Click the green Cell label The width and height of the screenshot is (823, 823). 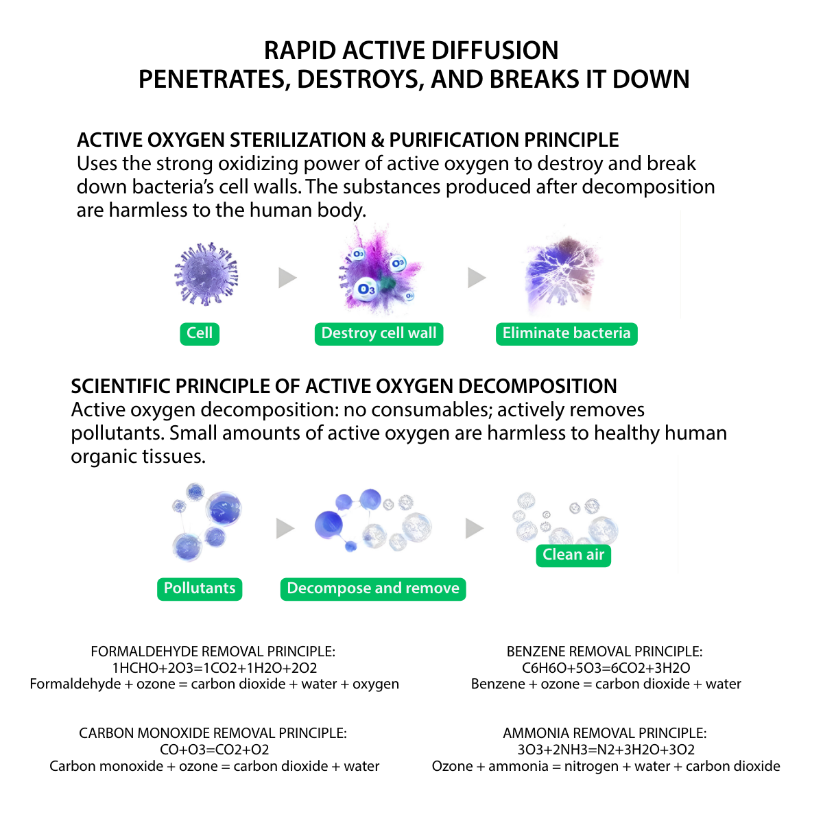click(x=200, y=333)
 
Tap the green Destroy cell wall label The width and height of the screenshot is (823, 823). click(x=379, y=333)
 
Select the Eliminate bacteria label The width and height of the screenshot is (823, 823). click(x=566, y=333)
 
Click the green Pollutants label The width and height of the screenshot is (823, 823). click(x=200, y=588)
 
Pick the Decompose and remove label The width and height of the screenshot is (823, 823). click(x=373, y=588)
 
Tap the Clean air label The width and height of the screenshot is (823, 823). click(x=573, y=555)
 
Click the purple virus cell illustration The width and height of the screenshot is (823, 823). click(x=206, y=274)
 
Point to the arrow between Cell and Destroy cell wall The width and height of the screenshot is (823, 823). click(x=287, y=278)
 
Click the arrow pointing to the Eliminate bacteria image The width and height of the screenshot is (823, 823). click(x=477, y=278)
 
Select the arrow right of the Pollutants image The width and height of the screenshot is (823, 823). click(x=285, y=528)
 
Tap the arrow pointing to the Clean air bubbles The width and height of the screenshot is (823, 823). click(x=474, y=528)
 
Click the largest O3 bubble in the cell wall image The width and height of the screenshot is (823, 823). click(x=367, y=289)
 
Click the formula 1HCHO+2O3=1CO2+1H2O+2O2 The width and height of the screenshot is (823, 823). click(x=214, y=668)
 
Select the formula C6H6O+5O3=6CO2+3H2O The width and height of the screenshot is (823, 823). click(x=606, y=668)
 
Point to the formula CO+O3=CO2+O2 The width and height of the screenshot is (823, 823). click(x=214, y=750)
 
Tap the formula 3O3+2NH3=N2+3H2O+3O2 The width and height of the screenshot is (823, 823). click(x=606, y=750)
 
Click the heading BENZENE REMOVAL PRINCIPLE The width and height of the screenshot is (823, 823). click(x=604, y=652)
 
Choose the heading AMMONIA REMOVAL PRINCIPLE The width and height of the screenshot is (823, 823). click(x=604, y=733)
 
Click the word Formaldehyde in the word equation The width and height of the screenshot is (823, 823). click(x=75, y=684)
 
